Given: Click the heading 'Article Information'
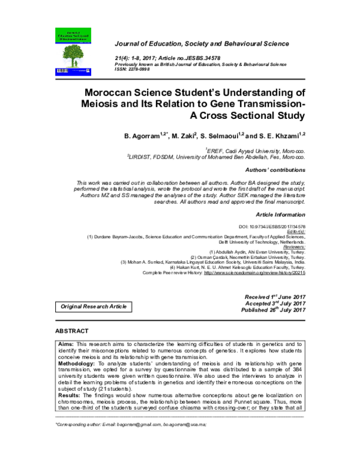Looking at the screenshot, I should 281,214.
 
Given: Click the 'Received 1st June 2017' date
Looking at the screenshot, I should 275,297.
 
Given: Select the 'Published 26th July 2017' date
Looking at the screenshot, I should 273,310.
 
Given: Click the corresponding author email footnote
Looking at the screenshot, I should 130,424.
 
